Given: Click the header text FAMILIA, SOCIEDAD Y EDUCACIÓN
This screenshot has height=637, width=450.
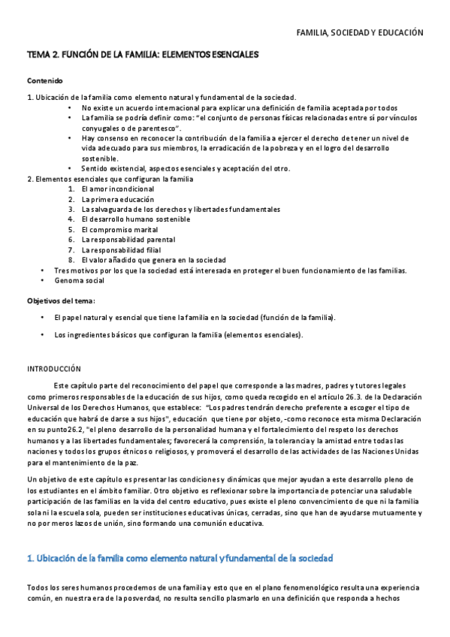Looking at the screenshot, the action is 360,33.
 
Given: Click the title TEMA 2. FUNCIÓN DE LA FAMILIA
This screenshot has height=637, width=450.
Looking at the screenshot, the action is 143,55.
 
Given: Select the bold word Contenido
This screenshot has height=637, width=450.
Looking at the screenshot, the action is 45,80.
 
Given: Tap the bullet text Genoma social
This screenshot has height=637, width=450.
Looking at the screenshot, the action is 79,280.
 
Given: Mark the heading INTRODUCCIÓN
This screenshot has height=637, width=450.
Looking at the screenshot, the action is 53,369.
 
